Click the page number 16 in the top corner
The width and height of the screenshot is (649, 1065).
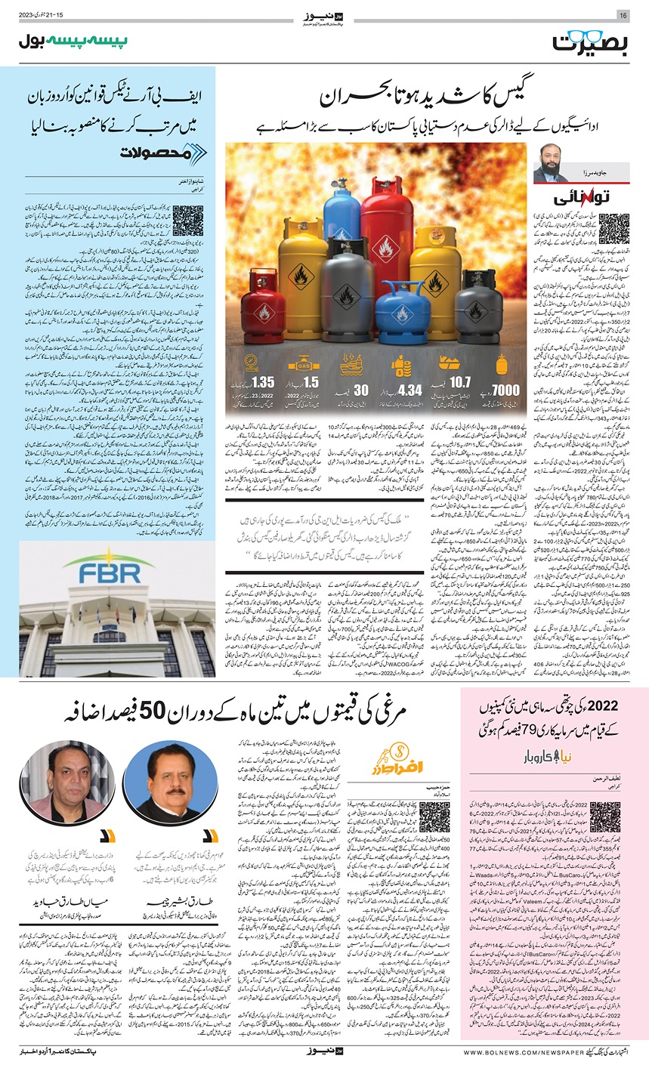[x=623, y=16]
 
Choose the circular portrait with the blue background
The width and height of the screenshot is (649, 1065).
[x=160, y=781]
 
